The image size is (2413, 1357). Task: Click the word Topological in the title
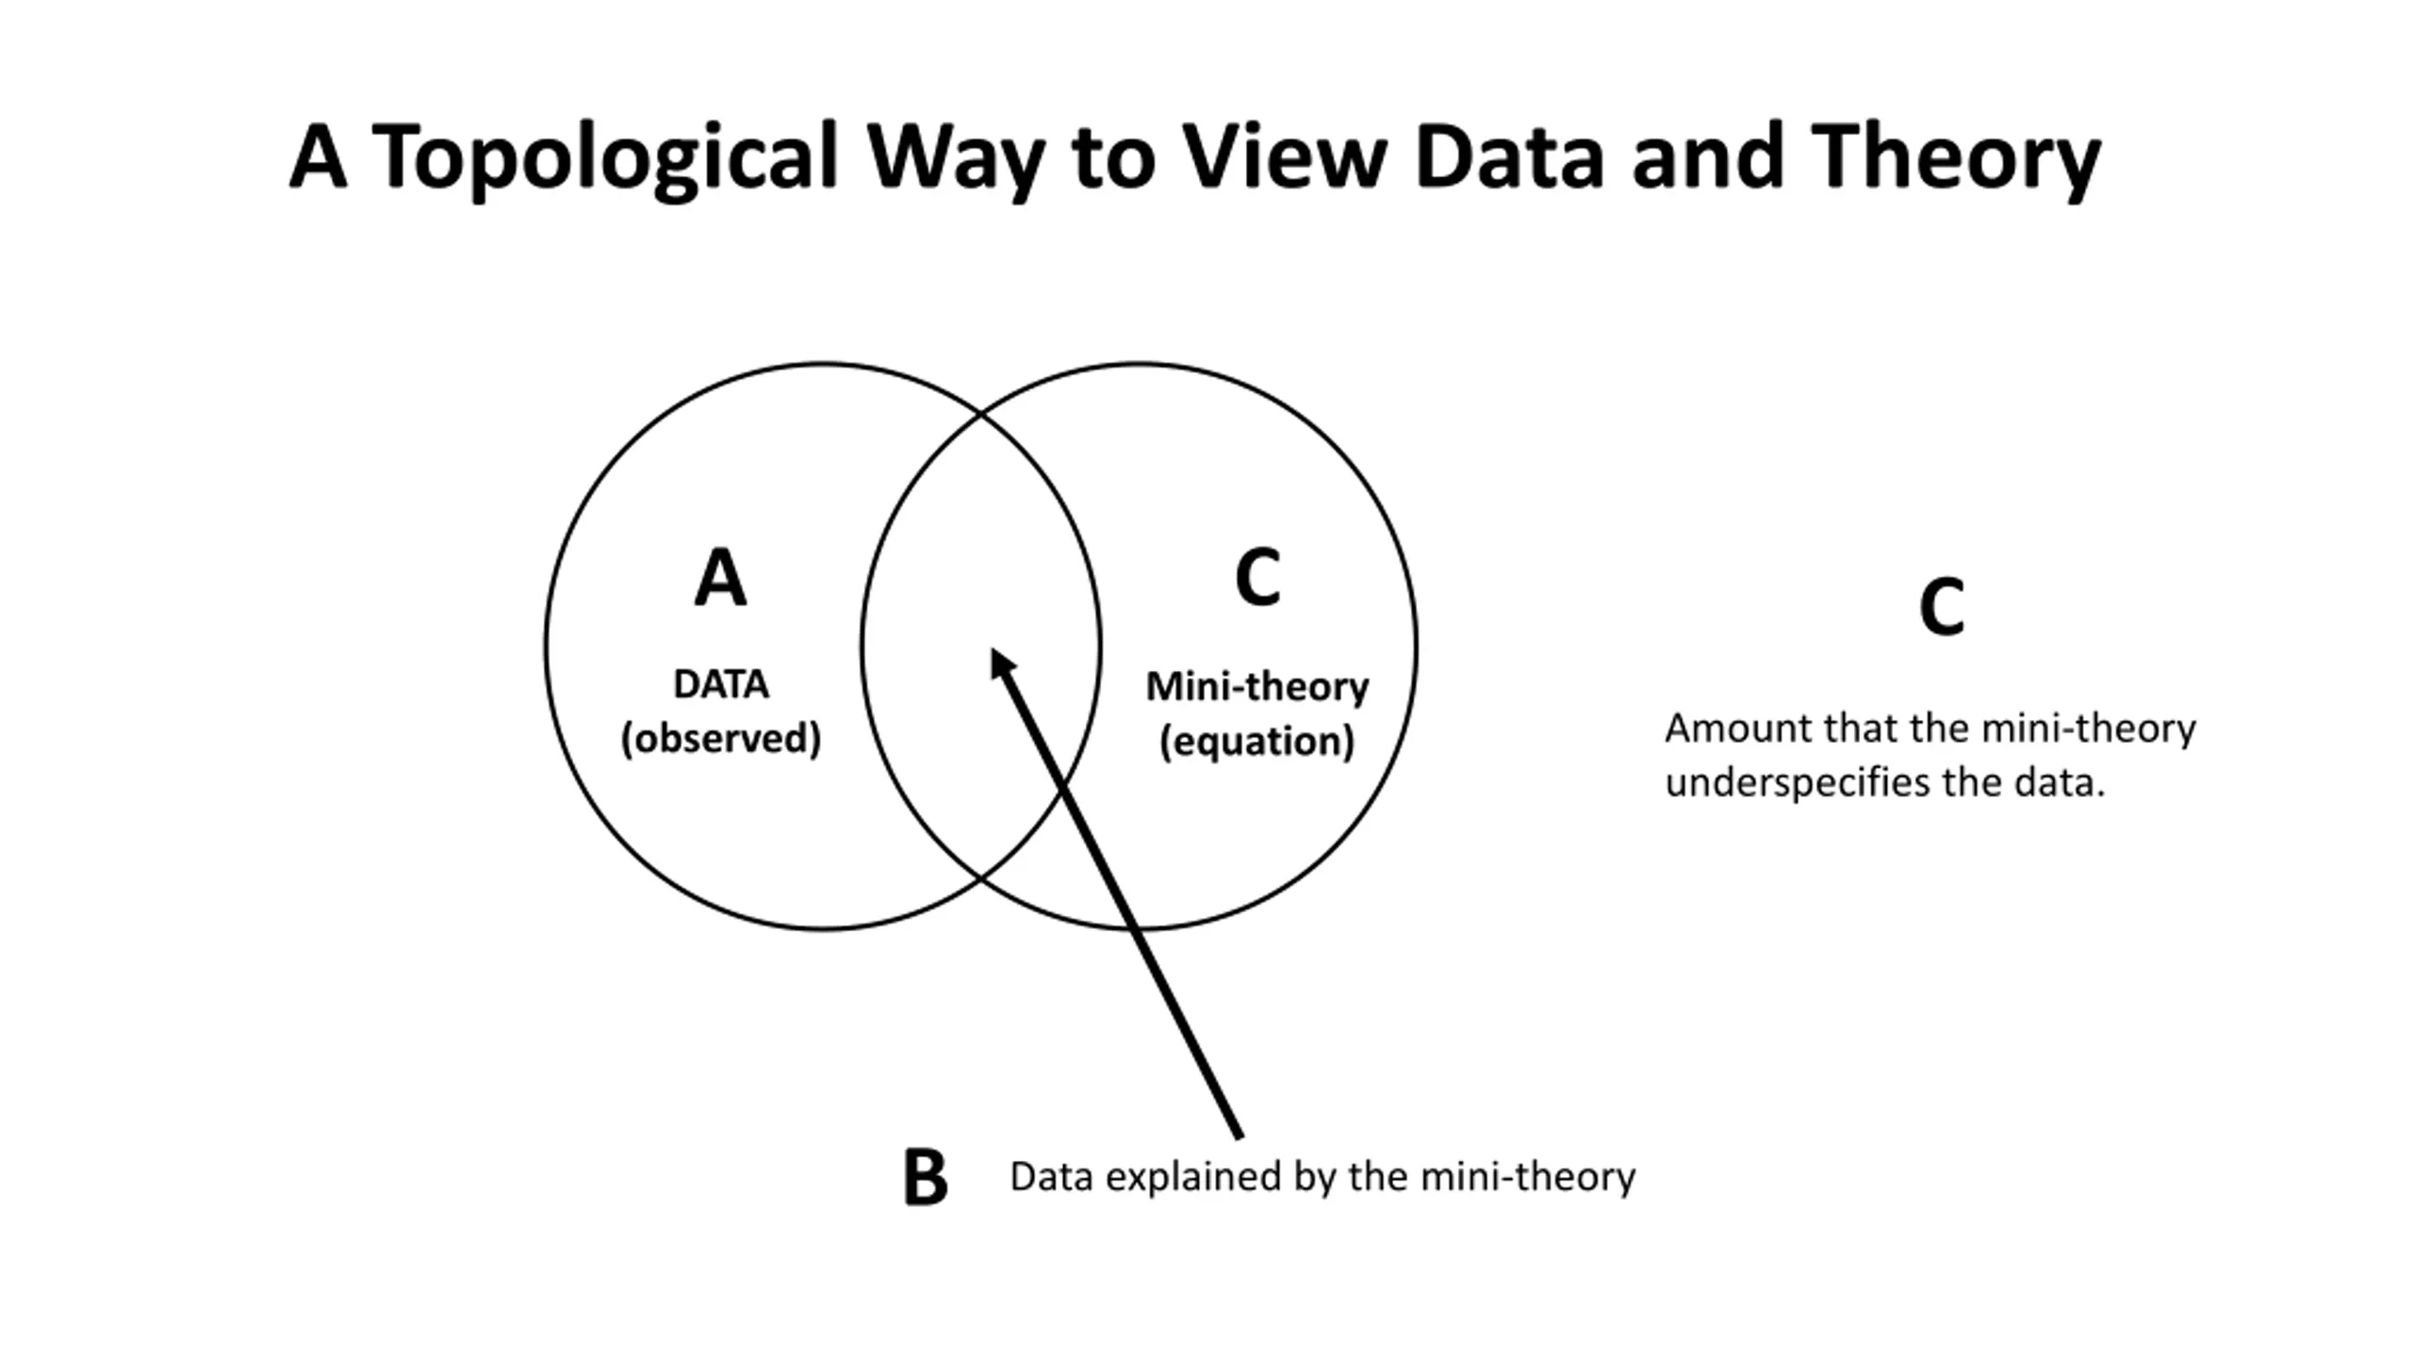[604, 157]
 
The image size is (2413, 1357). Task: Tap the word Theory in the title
[1956, 157]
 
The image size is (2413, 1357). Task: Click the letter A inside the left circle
[720, 578]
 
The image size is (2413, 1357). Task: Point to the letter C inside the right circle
[1257, 577]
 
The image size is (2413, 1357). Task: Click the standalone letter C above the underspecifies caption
[1942, 607]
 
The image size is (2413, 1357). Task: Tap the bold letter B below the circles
[926, 1177]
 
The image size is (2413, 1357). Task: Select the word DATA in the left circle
[721, 684]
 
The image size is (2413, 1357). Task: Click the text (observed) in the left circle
[721, 738]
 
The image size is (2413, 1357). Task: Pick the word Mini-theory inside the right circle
[1257, 686]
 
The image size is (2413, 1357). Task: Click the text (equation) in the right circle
[1257, 741]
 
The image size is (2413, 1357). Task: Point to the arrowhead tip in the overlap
[992, 648]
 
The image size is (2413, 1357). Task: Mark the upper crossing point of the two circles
[980, 413]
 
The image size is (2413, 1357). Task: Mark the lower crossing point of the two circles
[980, 880]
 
